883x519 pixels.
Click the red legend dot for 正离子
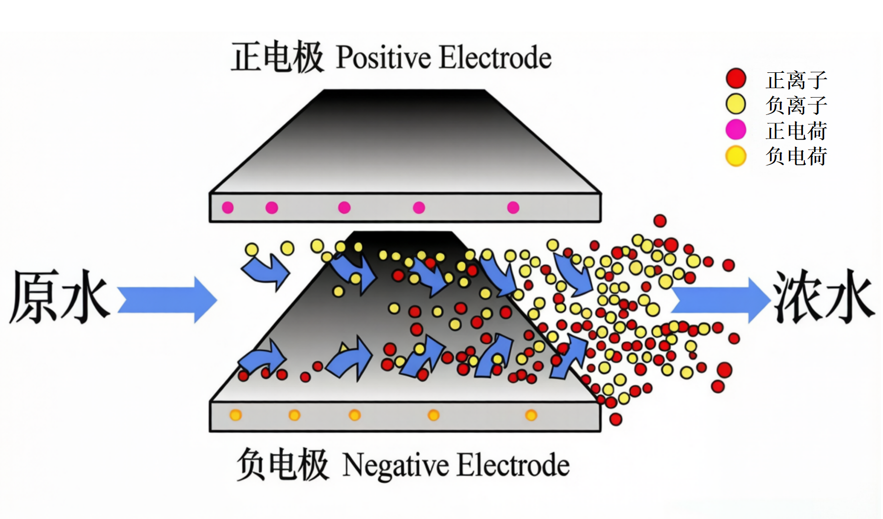[x=736, y=79]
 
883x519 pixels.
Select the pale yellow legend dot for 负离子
[x=736, y=104]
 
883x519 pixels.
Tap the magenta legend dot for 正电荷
[x=736, y=130]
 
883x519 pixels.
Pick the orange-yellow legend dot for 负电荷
[x=736, y=156]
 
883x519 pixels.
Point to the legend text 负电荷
[x=796, y=156]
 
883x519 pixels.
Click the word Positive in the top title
[x=384, y=58]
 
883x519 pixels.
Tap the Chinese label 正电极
[x=277, y=57]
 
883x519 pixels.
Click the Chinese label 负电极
[x=282, y=465]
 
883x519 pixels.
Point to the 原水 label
[x=58, y=297]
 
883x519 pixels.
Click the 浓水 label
[x=824, y=297]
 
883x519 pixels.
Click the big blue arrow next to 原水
[x=167, y=300]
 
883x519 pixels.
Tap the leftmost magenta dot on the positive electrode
[x=228, y=208]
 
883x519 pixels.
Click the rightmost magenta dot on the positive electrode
[x=513, y=208]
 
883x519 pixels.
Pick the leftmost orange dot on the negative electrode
[x=236, y=415]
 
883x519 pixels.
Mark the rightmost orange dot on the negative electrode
[x=531, y=415]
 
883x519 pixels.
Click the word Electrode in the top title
[x=495, y=58]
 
